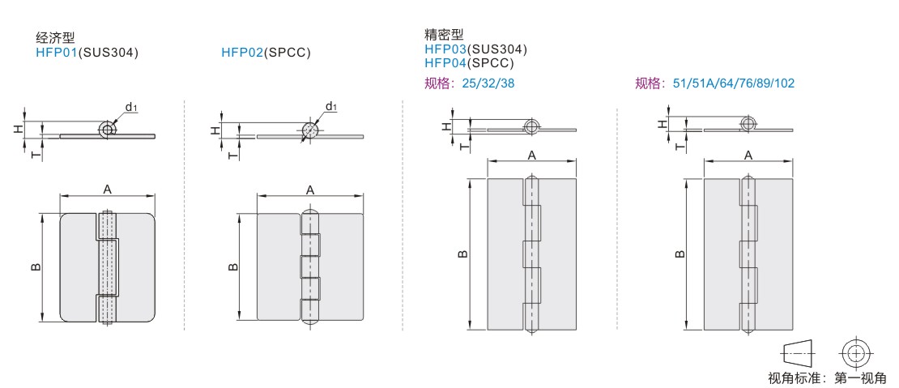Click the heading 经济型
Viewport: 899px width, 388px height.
tap(55, 38)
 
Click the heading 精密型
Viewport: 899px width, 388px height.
tap(444, 35)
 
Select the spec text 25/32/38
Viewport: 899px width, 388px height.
tap(488, 83)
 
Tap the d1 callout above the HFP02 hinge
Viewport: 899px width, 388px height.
tap(330, 106)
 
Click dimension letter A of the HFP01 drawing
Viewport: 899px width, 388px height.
tap(107, 189)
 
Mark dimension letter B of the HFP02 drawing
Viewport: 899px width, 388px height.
tap(232, 266)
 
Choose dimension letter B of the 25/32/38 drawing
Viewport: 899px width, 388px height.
tap(461, 254)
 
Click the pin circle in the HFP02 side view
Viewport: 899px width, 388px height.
tap(309, 131)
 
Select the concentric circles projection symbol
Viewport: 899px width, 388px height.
tap(854, 353)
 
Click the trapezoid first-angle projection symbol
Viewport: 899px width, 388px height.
tap(797, 353)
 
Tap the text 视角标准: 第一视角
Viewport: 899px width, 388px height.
tap(827, 377)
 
